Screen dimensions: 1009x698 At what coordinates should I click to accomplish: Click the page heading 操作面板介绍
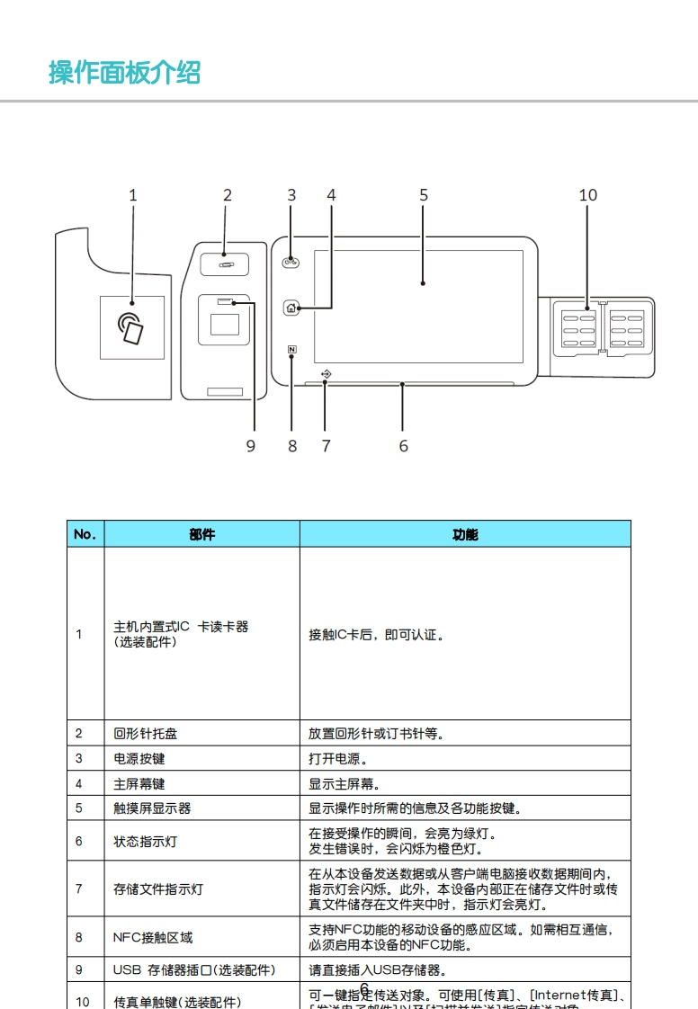coord(124,72)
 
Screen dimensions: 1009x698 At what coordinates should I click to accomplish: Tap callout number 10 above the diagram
coord(587,195)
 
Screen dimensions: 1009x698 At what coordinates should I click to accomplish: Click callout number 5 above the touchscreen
coord(424,195)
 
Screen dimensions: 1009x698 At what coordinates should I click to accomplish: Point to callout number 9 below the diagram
coord(251,445)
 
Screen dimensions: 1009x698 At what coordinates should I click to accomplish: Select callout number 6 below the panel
coord(403,445)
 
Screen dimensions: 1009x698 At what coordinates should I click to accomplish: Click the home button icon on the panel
coord(291,308)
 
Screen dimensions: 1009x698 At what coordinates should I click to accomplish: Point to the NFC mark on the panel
coord(292,351)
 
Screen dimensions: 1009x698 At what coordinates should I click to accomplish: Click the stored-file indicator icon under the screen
coord(326,372)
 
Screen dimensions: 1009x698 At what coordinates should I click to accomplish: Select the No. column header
coord(85,534)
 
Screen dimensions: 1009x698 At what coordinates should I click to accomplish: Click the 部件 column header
coord(202,534)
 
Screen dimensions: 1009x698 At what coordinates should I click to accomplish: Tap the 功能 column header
coord(465,534)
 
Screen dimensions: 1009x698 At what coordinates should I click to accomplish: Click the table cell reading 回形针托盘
coord(145,734)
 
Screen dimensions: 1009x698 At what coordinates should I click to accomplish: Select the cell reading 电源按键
coord(139,759)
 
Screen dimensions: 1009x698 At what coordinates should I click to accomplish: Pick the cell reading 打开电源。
coord(341,759)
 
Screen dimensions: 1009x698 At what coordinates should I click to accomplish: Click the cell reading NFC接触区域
coord(153,937)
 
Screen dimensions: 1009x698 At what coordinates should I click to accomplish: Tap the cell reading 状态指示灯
coord(145,842)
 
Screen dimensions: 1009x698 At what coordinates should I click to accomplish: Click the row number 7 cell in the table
coord(79,888)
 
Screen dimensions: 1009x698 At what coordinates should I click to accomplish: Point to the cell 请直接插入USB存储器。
coord(378,970)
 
